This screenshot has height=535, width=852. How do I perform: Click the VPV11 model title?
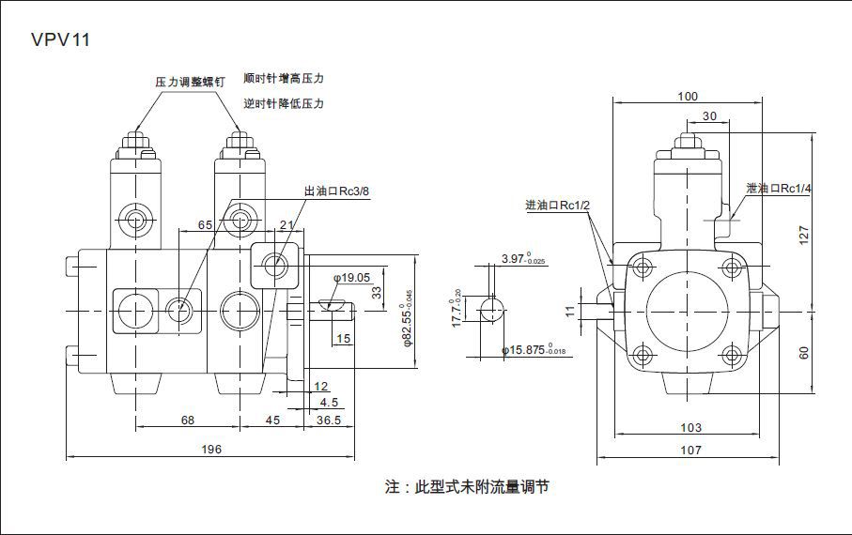(x=61, y=40)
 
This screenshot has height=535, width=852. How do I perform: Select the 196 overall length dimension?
(x=211, y=450)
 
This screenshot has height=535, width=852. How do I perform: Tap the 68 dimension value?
(x=187, y=420)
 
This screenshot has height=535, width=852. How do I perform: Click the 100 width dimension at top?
(x=688, y=97)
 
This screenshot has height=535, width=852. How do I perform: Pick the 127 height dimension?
(x=804, y=236)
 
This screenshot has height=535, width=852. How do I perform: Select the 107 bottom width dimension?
(x=690, y=451)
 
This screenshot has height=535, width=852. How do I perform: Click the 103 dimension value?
(x=690, y=428)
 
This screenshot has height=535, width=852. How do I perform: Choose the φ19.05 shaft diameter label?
(x=352, y=278)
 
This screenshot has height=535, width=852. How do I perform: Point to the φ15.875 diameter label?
(x=536, y=351)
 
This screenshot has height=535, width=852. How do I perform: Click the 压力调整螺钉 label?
(x=190, y=82)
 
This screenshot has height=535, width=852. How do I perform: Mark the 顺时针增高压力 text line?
(x=284, y=78)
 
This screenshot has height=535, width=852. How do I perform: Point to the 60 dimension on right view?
(x=804, y=352)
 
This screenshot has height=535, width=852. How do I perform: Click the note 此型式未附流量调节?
(x=467, y=487)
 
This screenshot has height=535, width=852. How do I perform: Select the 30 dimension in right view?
(x=710, y=116)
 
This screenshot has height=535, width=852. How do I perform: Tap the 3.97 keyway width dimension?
(x=523, y=257)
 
